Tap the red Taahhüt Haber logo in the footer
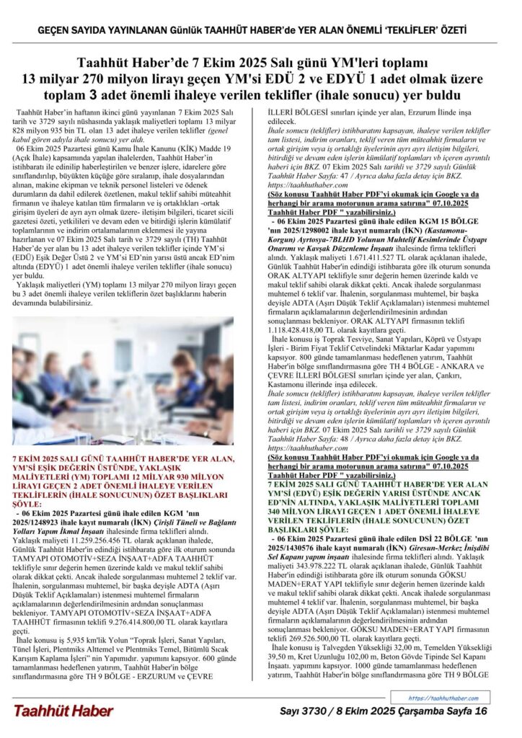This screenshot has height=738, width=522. (63, 711)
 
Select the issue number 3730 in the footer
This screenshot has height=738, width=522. (316, 711)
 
